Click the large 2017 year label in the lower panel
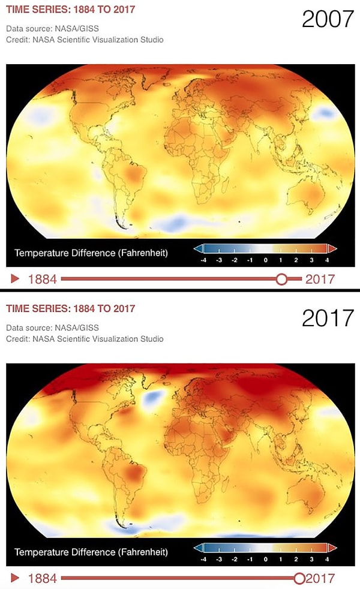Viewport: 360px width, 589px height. click(328, 318)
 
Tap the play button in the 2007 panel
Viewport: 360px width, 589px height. click(16, 278)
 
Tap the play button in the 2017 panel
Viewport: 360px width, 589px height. click(16, 578)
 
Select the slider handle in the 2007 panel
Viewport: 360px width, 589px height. click(281, 278)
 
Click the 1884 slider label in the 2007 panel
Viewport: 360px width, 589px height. click(42, 279)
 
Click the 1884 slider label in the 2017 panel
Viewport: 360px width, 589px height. click(42, 579)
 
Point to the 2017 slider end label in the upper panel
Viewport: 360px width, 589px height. click(320, 279)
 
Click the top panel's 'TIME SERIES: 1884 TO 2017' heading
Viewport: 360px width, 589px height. click(70, 9)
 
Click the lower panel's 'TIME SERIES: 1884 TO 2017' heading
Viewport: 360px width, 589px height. click(70, 308)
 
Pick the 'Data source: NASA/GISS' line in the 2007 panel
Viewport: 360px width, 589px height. click(52, 29)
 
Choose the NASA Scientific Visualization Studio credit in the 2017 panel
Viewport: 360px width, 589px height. click(85, 339)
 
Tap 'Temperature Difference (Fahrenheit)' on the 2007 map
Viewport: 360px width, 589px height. click(91, 253)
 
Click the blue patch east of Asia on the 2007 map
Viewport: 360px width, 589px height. click(325, 112)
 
